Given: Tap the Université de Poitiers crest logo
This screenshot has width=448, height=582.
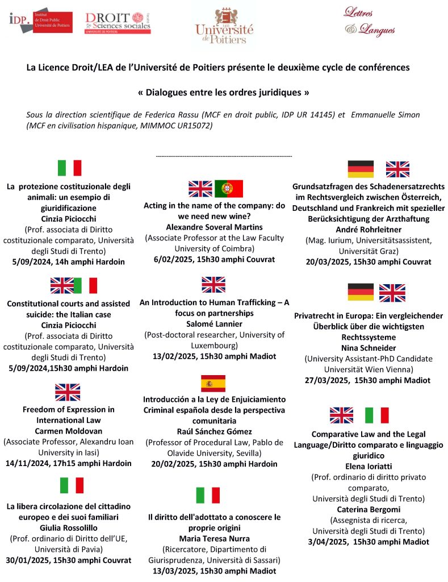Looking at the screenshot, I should click(224, 26).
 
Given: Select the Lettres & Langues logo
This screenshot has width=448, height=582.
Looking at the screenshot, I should click(369, 22).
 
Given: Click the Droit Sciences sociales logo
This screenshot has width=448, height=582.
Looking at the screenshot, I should click(118, 23).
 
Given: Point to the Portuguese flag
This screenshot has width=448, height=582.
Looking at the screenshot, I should click(229, 188).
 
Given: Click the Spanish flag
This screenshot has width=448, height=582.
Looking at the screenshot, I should click(213, 384).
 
